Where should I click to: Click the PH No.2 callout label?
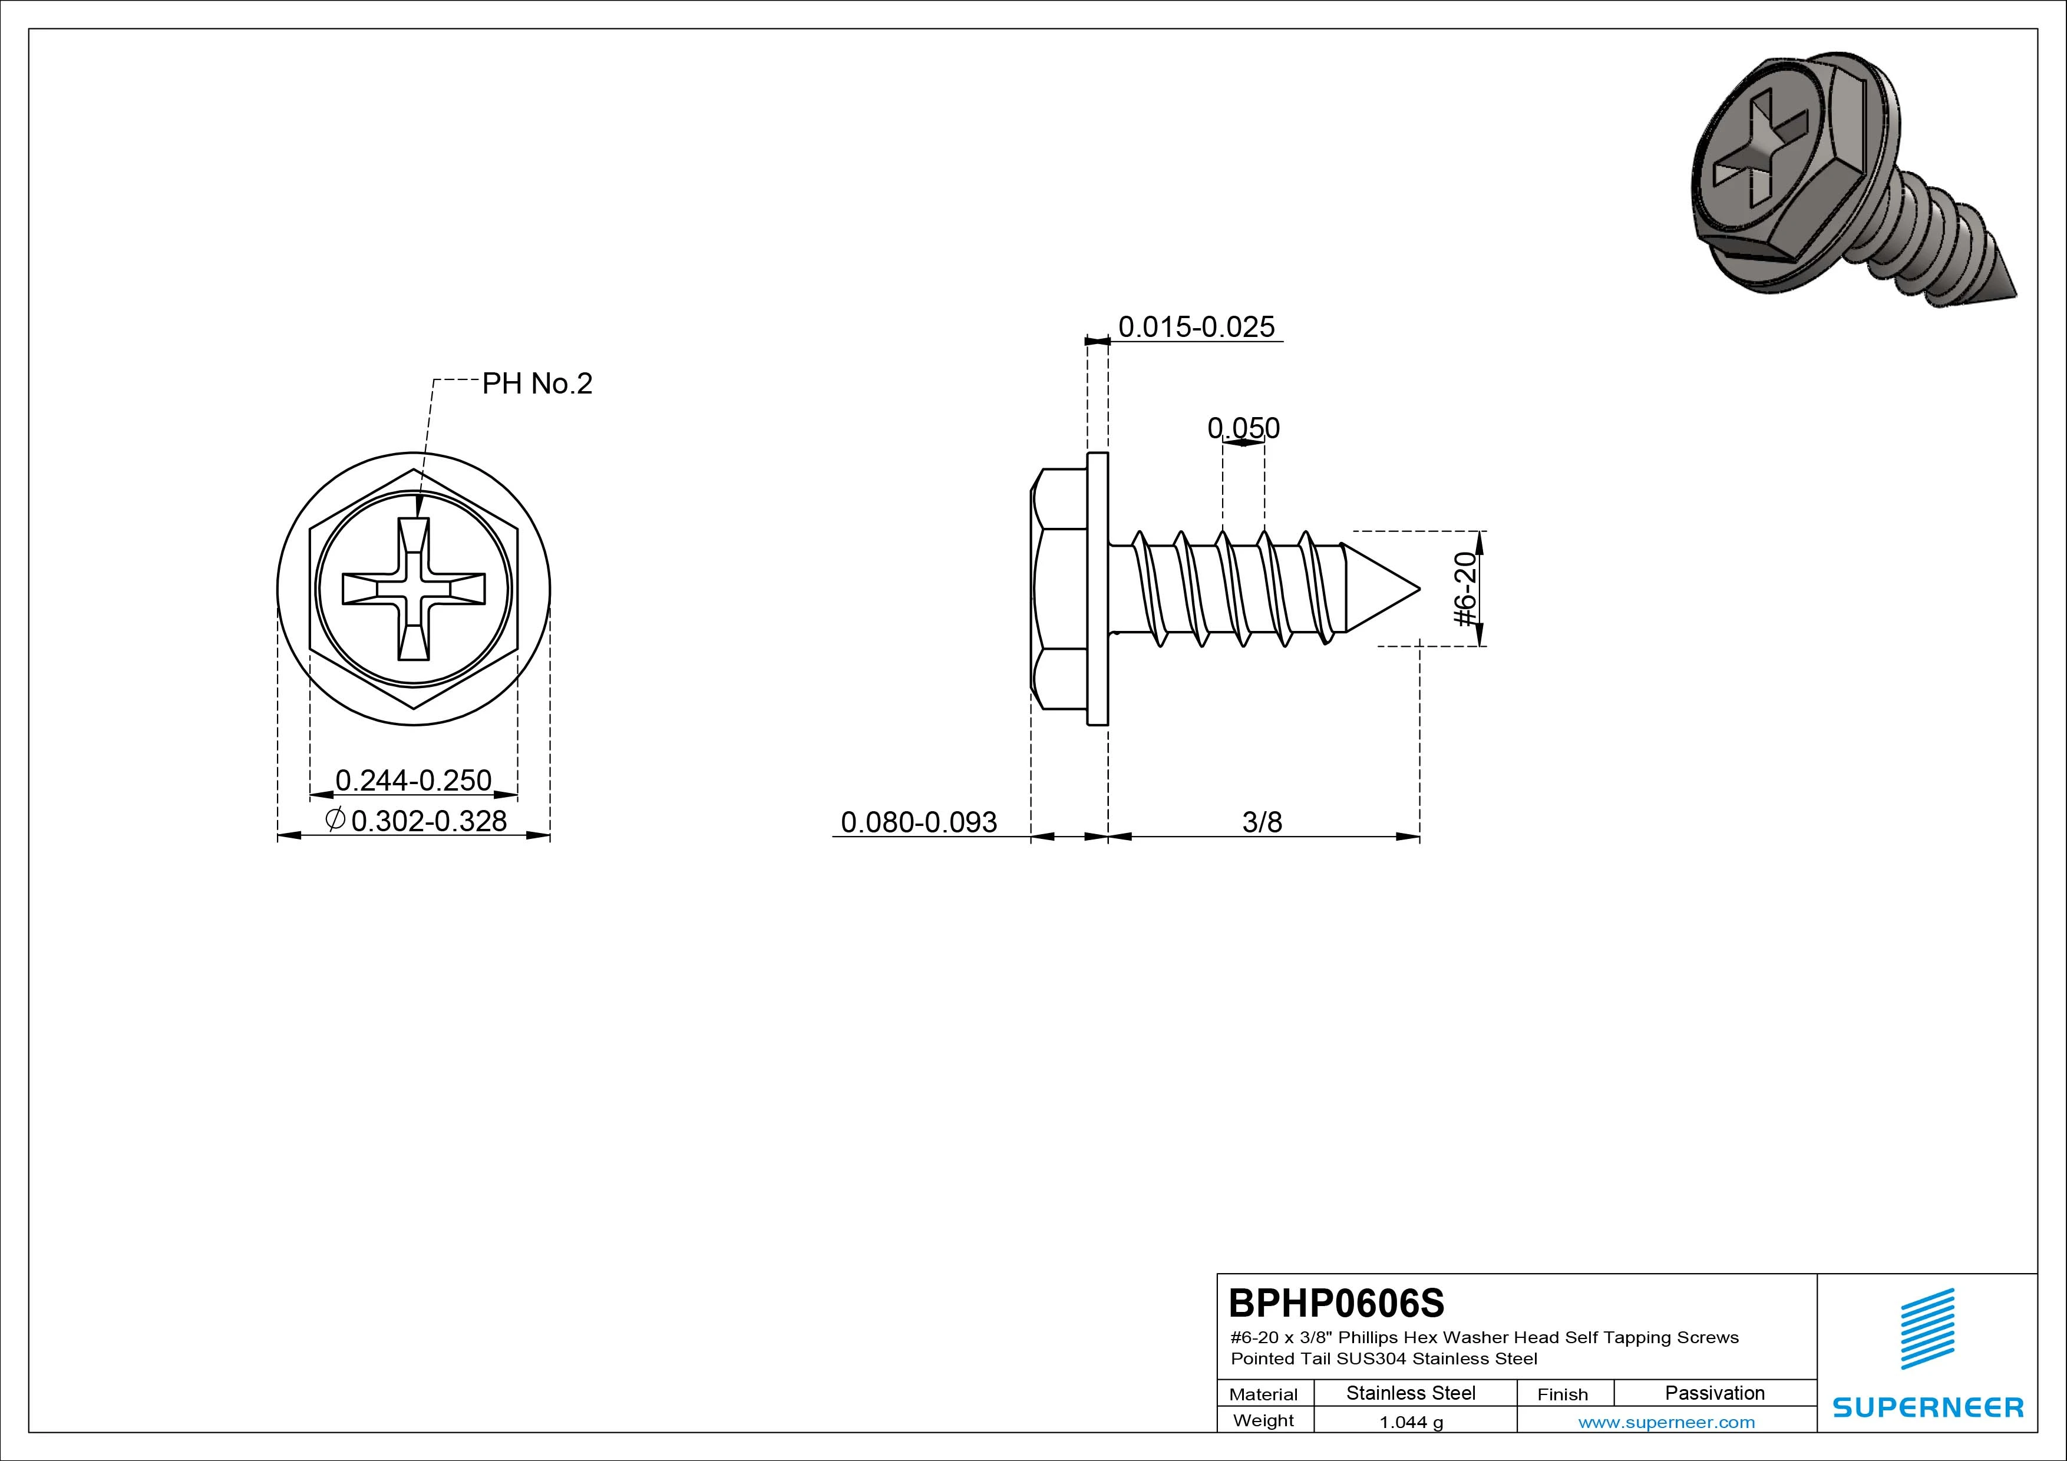tap(537, 384)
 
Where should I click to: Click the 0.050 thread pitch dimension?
tap(1243, 428)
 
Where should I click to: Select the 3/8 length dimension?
tap(1262, 822)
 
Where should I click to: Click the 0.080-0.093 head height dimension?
tap(919, 822)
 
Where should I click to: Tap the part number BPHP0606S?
tap(1337, 1303)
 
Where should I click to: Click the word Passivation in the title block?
tap(1715, 1393)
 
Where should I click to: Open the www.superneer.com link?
tap(1666, 1422)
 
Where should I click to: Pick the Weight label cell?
tap(1264, 1420)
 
